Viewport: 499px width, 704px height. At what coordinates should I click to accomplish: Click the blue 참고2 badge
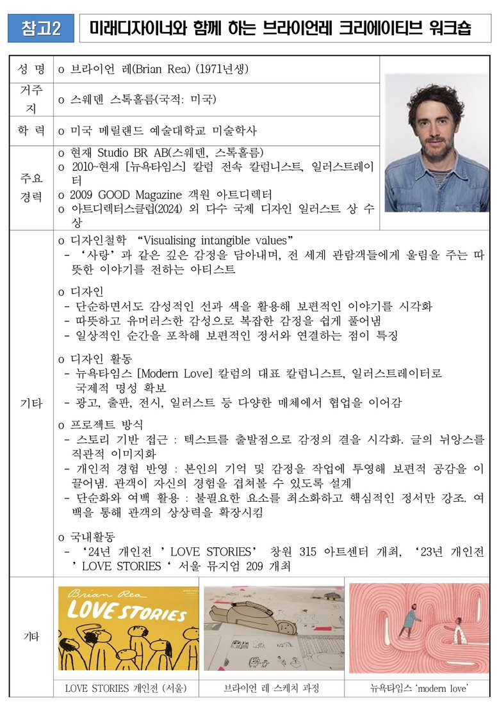(x=41, y=28)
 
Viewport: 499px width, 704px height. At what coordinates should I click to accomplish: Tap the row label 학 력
(x=32, y=131)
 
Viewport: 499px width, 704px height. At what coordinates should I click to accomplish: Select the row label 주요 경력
(x=32, y=187)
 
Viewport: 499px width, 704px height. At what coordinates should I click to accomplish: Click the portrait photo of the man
(x=436, y=143)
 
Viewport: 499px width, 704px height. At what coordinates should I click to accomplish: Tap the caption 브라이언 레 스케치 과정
(x=272, y=689)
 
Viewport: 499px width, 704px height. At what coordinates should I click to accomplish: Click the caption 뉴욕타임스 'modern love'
(x=419, y=689)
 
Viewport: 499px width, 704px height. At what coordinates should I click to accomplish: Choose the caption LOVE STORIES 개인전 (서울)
(x=126, y=689)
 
